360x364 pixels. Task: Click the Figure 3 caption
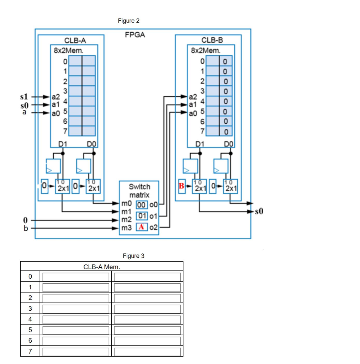(133, 256)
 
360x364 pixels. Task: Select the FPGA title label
(135, 35)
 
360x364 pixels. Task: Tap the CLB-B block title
(212, 40)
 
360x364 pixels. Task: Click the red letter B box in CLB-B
(182, 186)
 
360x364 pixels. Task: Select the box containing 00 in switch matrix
(142, 204)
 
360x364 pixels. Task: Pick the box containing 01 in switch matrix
(142, 216)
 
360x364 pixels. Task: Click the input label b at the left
(25, 228)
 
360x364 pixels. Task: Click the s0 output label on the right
(260, 212)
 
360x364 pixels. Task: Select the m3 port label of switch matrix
(126, 227)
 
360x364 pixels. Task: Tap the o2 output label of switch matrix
(154, 227)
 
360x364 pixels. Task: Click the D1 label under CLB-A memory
(63, 144)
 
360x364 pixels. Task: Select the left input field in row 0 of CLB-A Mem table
(76, 277)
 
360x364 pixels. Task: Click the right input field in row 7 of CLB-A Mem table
(147, 352)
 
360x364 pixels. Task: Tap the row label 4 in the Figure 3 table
(30, 319)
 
